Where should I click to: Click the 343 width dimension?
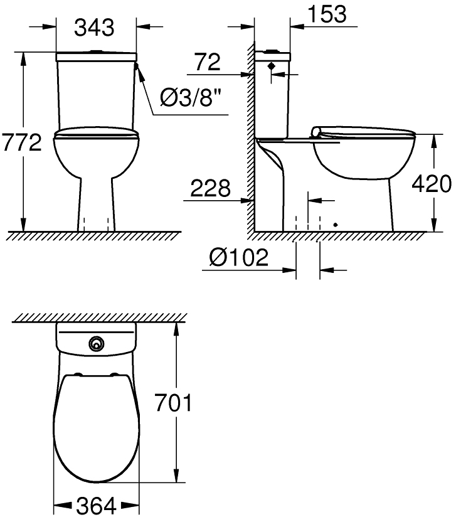click(x=94, y=28)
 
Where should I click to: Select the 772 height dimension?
click(x=21, y=142)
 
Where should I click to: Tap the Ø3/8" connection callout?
click(x=191, y=98)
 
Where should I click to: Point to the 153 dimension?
click(x=327, y=14)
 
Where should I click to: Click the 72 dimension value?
click(x=208, y=62)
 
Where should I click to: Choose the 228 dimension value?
click(x=210, y=188)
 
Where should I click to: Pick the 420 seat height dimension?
click(x=432, y=184)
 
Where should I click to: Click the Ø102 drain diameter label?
click(x=239, y=257)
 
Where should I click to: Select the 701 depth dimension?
click(x=173, y=403)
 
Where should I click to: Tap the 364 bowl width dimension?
click(x=96, y=505)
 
